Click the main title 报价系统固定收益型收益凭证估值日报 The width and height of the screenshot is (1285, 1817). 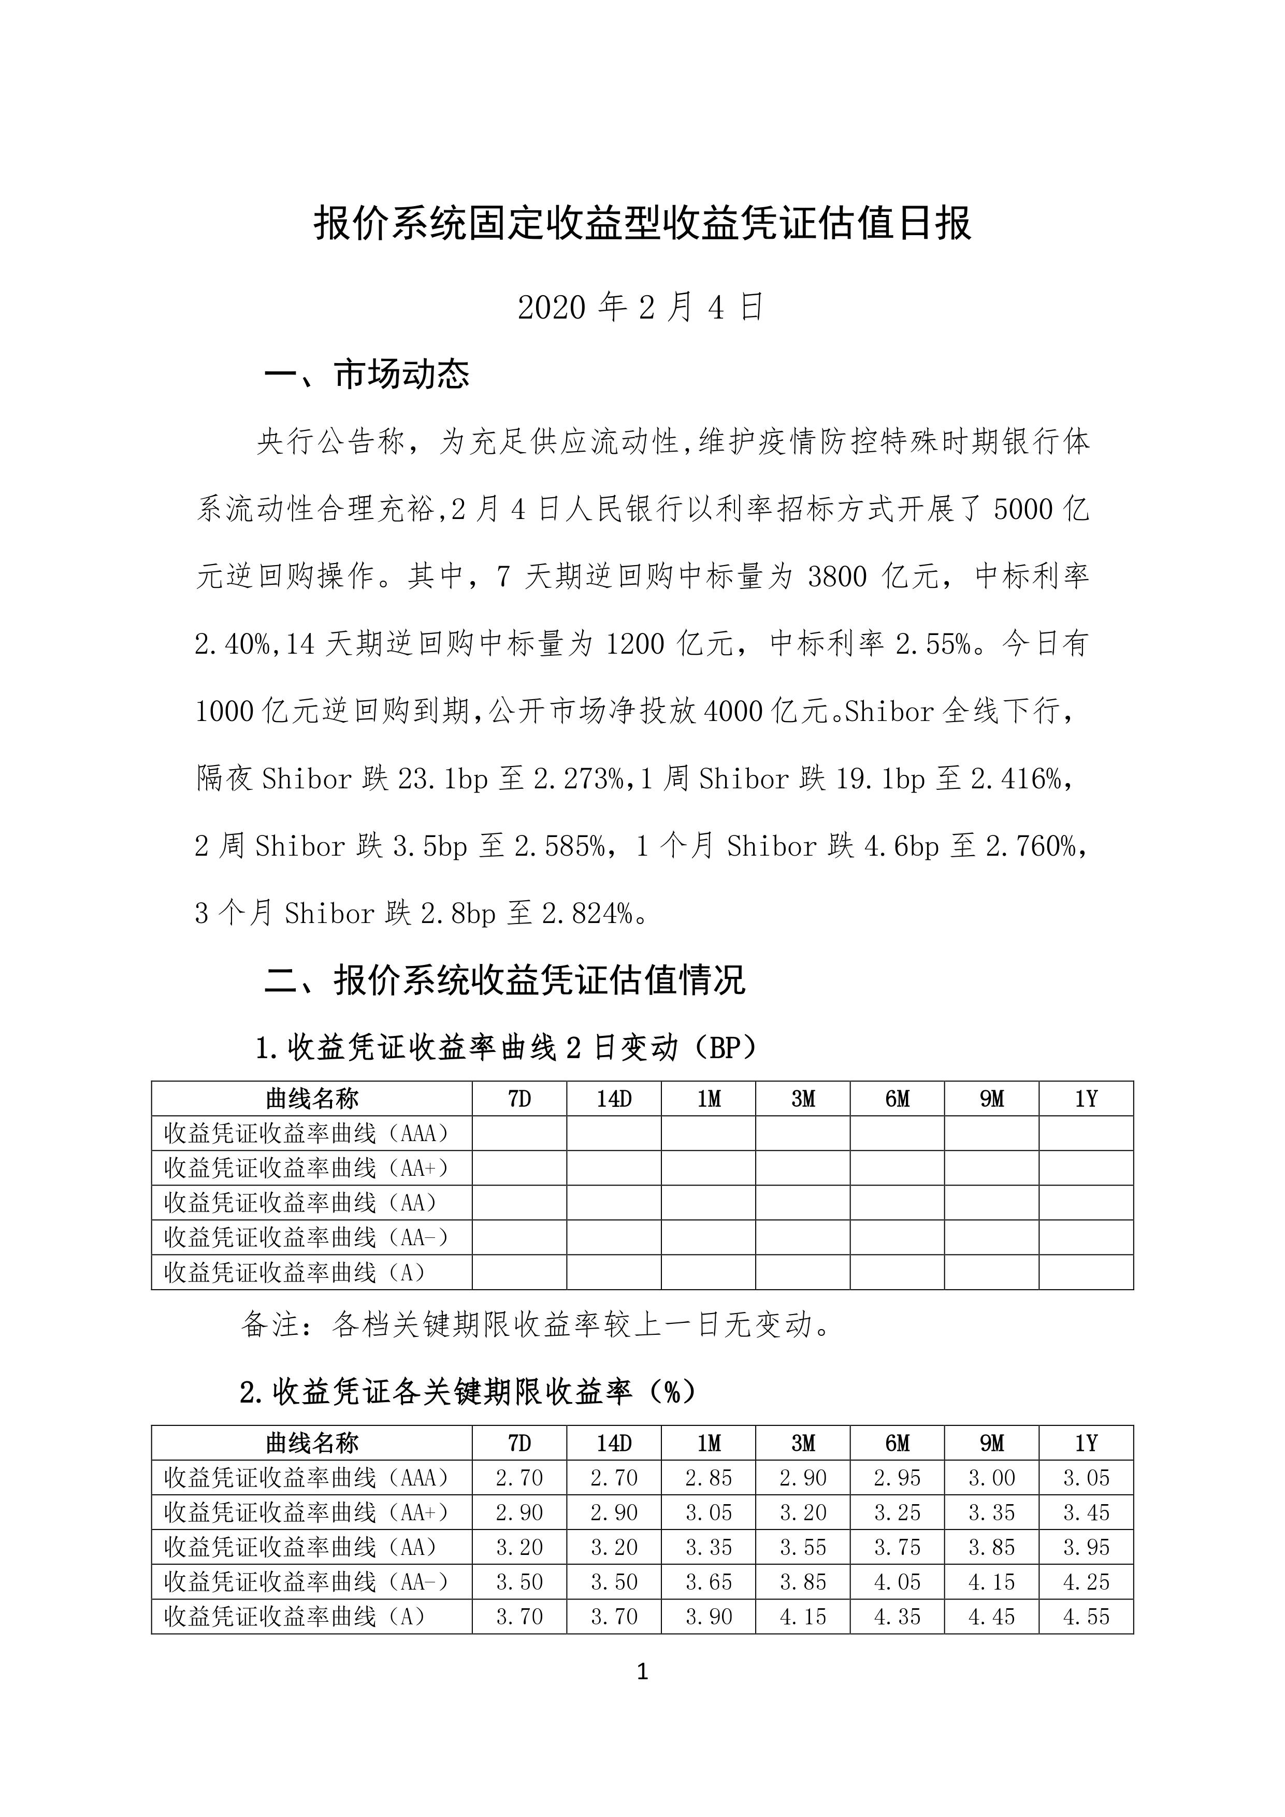coord(642,224)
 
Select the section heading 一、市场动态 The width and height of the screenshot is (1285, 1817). coord(366,374)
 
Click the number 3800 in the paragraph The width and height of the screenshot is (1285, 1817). coord(837,577)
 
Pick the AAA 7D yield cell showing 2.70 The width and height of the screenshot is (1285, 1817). coord(519,1478)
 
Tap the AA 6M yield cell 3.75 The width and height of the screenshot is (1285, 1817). coord(897,1547)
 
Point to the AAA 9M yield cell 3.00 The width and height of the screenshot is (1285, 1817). coord(991,1478)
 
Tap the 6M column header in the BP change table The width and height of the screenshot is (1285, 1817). coord(897,1099)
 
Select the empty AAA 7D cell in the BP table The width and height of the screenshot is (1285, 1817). coord(519,1133)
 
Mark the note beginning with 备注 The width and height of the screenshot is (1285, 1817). coord(536,1324)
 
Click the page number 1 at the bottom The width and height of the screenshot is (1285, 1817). coord(642,1672)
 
